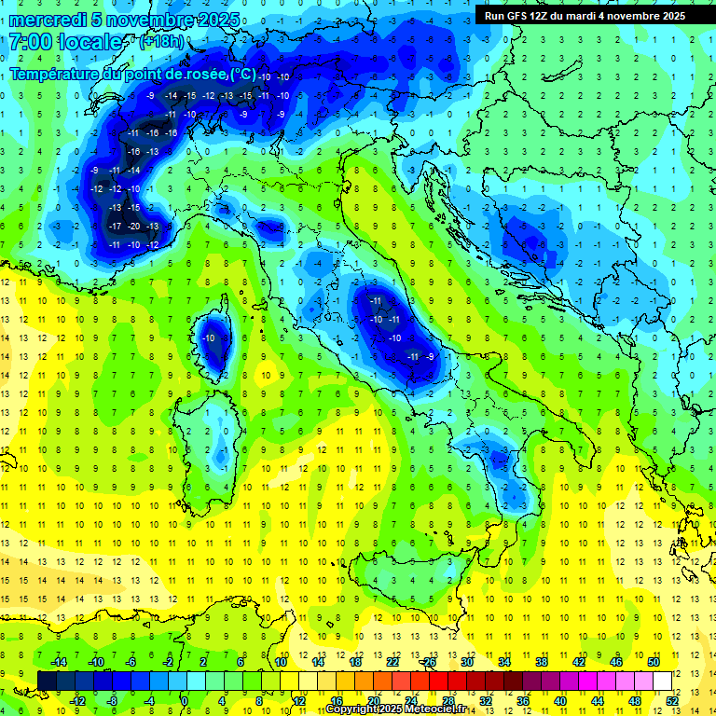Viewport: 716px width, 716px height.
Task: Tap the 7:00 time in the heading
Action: pos(29,42)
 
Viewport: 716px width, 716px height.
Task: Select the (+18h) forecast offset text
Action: pos(161,43)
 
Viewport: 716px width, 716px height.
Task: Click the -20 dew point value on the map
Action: pos(134,227)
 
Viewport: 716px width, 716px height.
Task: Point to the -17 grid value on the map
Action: pos(115,227)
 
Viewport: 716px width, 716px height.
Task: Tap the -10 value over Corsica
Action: pos(211,338)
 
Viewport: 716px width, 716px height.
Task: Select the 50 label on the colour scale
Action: pos(653,661)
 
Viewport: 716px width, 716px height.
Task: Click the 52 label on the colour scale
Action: pos(671,701)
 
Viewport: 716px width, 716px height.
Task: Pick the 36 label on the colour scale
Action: pos(523,701)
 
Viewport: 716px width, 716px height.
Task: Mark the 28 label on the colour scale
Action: pos(447,701)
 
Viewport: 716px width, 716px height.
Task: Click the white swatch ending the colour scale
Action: pos(662,681)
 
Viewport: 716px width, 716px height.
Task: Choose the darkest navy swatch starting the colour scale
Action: pos(47,681)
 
